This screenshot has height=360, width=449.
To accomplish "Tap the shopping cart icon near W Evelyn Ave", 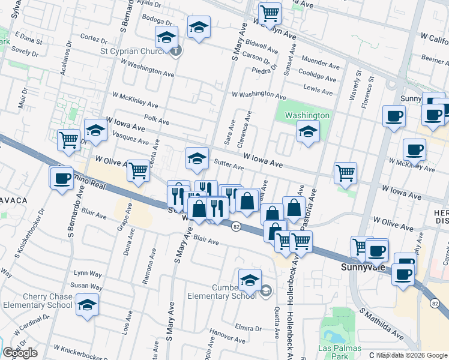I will tap(270, 12).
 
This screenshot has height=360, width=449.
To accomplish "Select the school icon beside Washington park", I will tap(307, 131).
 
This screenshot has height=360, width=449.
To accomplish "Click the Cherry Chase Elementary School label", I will tap(38, 301).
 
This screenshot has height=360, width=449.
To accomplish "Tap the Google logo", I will tap(20, 353).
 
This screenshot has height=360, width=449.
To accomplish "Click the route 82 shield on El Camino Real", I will tap(235, 226).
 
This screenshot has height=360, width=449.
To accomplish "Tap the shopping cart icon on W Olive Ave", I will tap(139, 171).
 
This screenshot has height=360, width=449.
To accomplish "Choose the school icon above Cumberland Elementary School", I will tap(250, 279).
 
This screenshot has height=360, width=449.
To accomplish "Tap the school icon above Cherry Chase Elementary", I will tap(88, 304).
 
